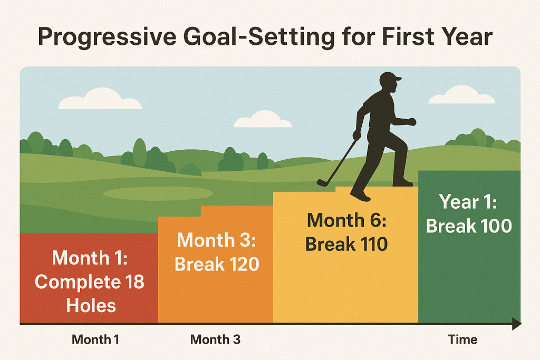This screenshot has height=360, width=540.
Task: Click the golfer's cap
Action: pos(390,78)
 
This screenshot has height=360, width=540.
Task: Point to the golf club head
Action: pos(322,183)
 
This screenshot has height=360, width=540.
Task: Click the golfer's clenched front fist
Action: pos(412,121)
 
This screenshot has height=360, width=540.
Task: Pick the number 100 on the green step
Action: pos(496,226)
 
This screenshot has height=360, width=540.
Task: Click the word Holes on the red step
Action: pos(91,305)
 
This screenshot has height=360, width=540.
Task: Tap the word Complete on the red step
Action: pos(78,282)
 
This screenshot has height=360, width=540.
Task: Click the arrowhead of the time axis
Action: pos(517,324)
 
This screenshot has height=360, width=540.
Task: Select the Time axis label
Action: pos(462,339)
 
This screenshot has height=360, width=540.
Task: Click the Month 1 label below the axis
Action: pos(95,339)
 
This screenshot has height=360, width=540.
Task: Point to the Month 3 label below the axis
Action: pos(215,339)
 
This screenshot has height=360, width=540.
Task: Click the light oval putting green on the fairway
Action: pos(158,194)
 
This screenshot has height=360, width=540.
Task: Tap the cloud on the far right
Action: pos(461,95)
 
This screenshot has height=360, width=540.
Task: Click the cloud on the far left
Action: pos(100,99)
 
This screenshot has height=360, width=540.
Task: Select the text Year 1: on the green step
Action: pos(468,202)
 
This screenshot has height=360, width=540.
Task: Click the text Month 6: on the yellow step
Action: pos(346,220)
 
